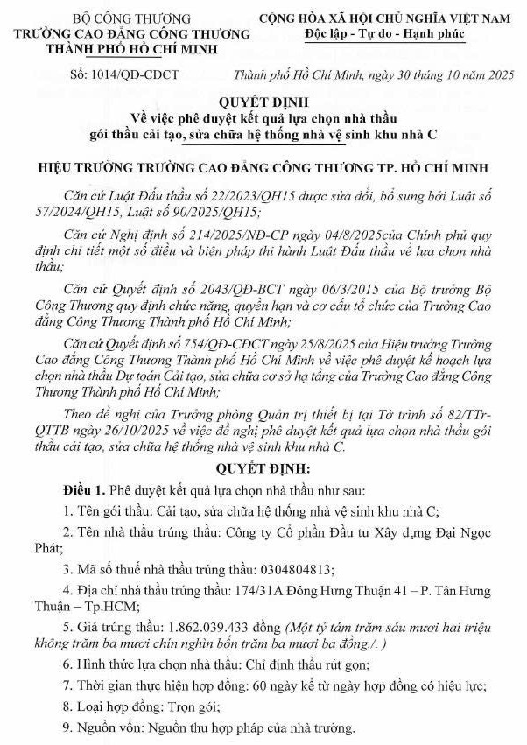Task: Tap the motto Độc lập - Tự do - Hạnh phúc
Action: pos(379,34)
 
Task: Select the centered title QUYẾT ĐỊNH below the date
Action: pos(263,100)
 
